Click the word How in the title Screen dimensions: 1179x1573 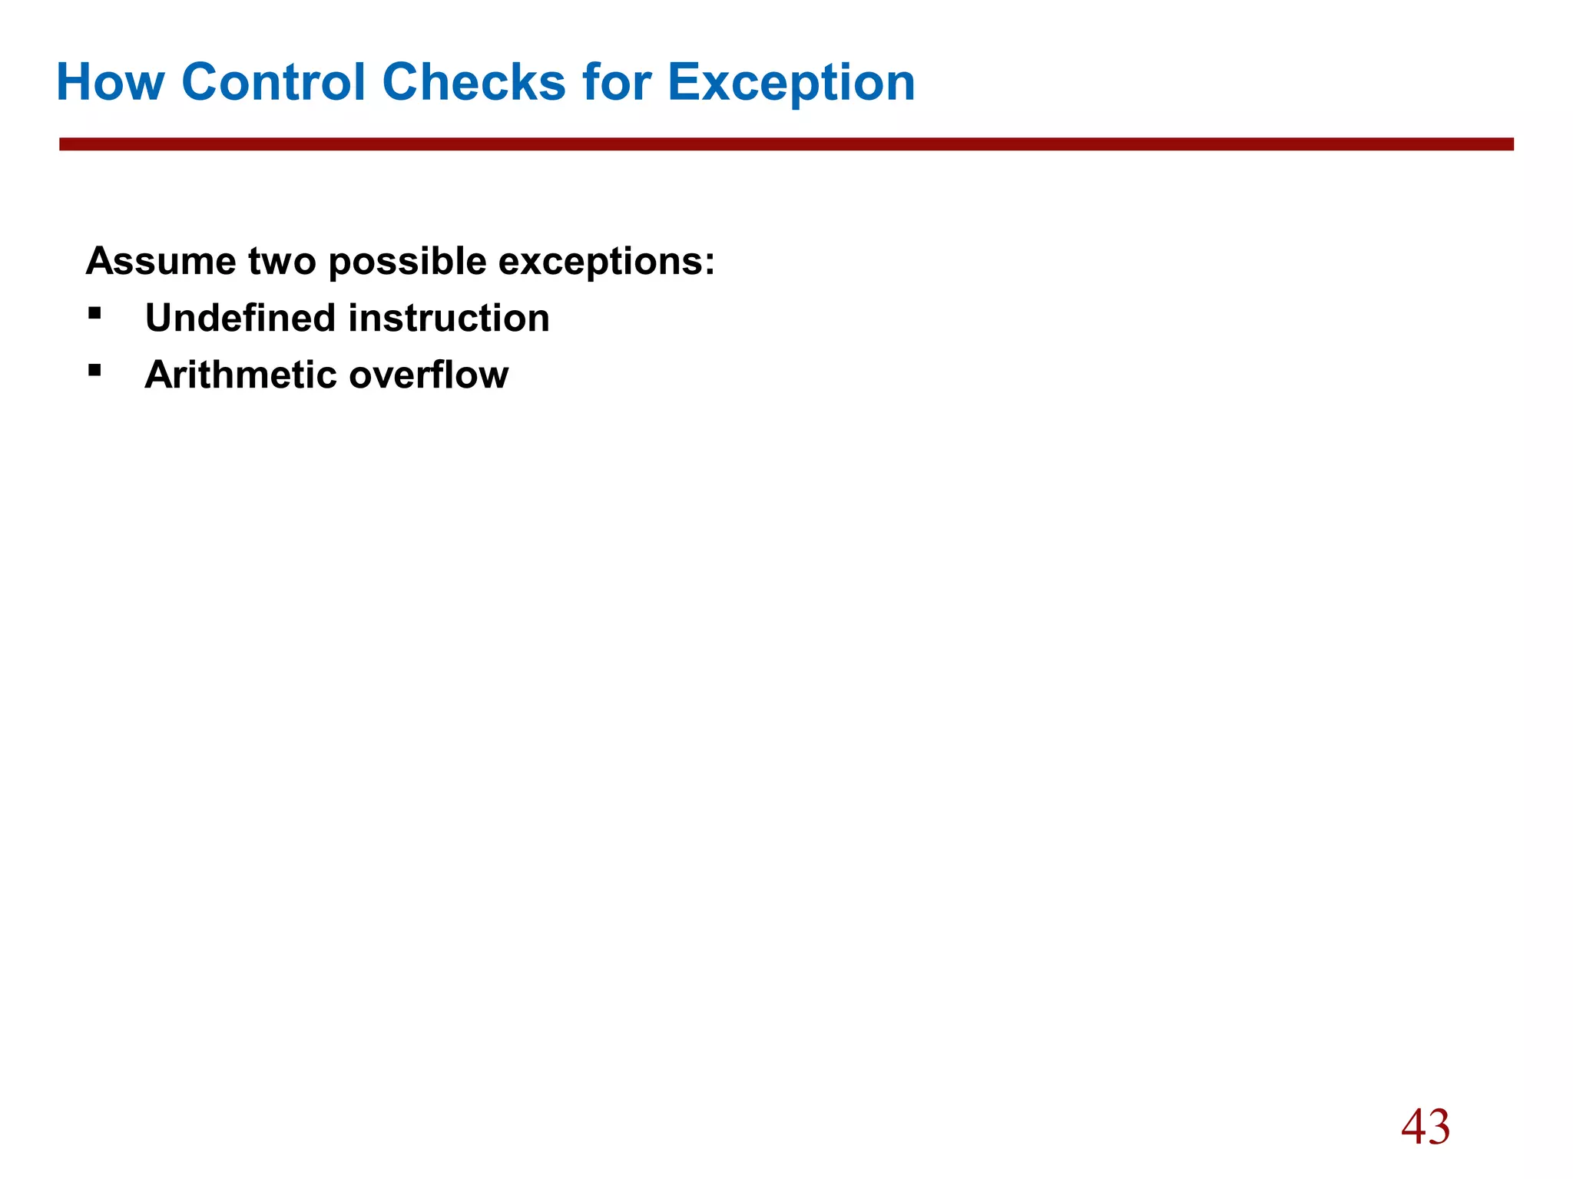110,82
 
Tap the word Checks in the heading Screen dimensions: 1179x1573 473,82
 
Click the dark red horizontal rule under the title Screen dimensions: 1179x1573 786,144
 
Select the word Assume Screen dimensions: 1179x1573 161,262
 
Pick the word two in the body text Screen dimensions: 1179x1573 282,262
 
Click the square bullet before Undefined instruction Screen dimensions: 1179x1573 94,313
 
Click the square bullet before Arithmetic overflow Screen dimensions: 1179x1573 94,370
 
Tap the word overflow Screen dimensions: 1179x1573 429,375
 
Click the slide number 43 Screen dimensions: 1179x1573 1426,1128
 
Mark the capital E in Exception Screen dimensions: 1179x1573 686,82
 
